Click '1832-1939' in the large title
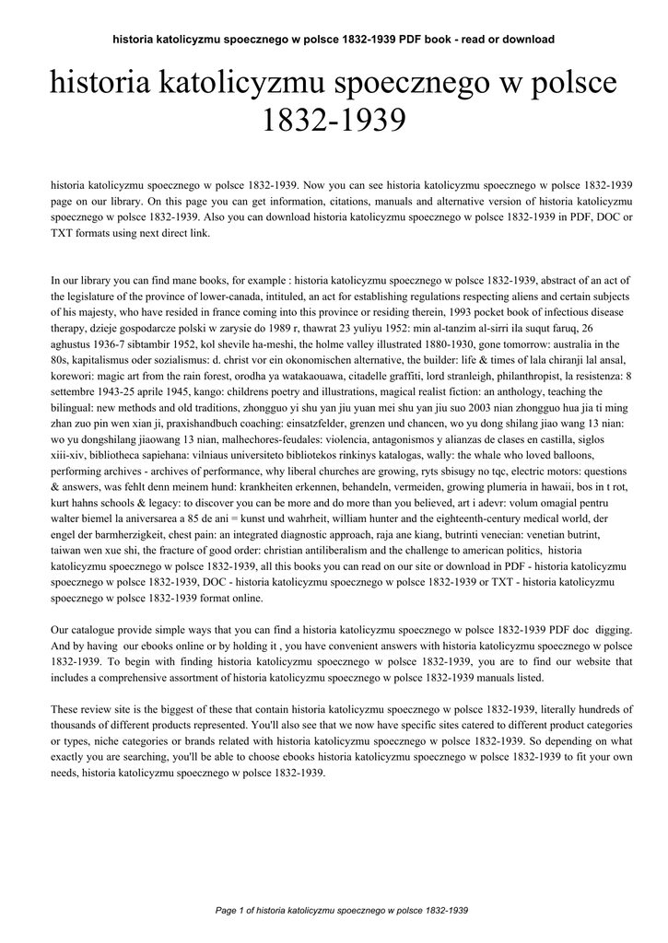[x=334, y=122]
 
